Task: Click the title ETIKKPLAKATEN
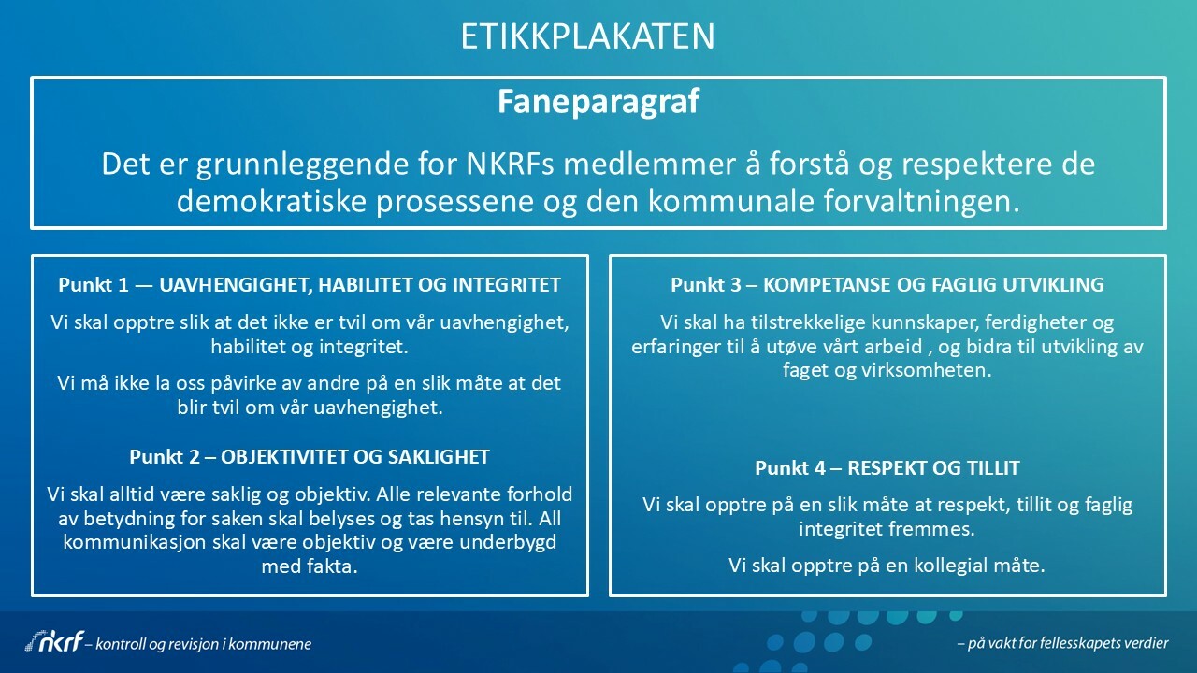(588, 36)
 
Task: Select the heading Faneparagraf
(598, 102)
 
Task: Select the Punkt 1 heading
(310, 285)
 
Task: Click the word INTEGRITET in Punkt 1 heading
(507, 285)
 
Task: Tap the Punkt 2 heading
(310, 457)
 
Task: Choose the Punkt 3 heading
(887, 285)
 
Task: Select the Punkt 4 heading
(887, 468)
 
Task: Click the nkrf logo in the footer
(55, 640)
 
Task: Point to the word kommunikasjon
(135, 542)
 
